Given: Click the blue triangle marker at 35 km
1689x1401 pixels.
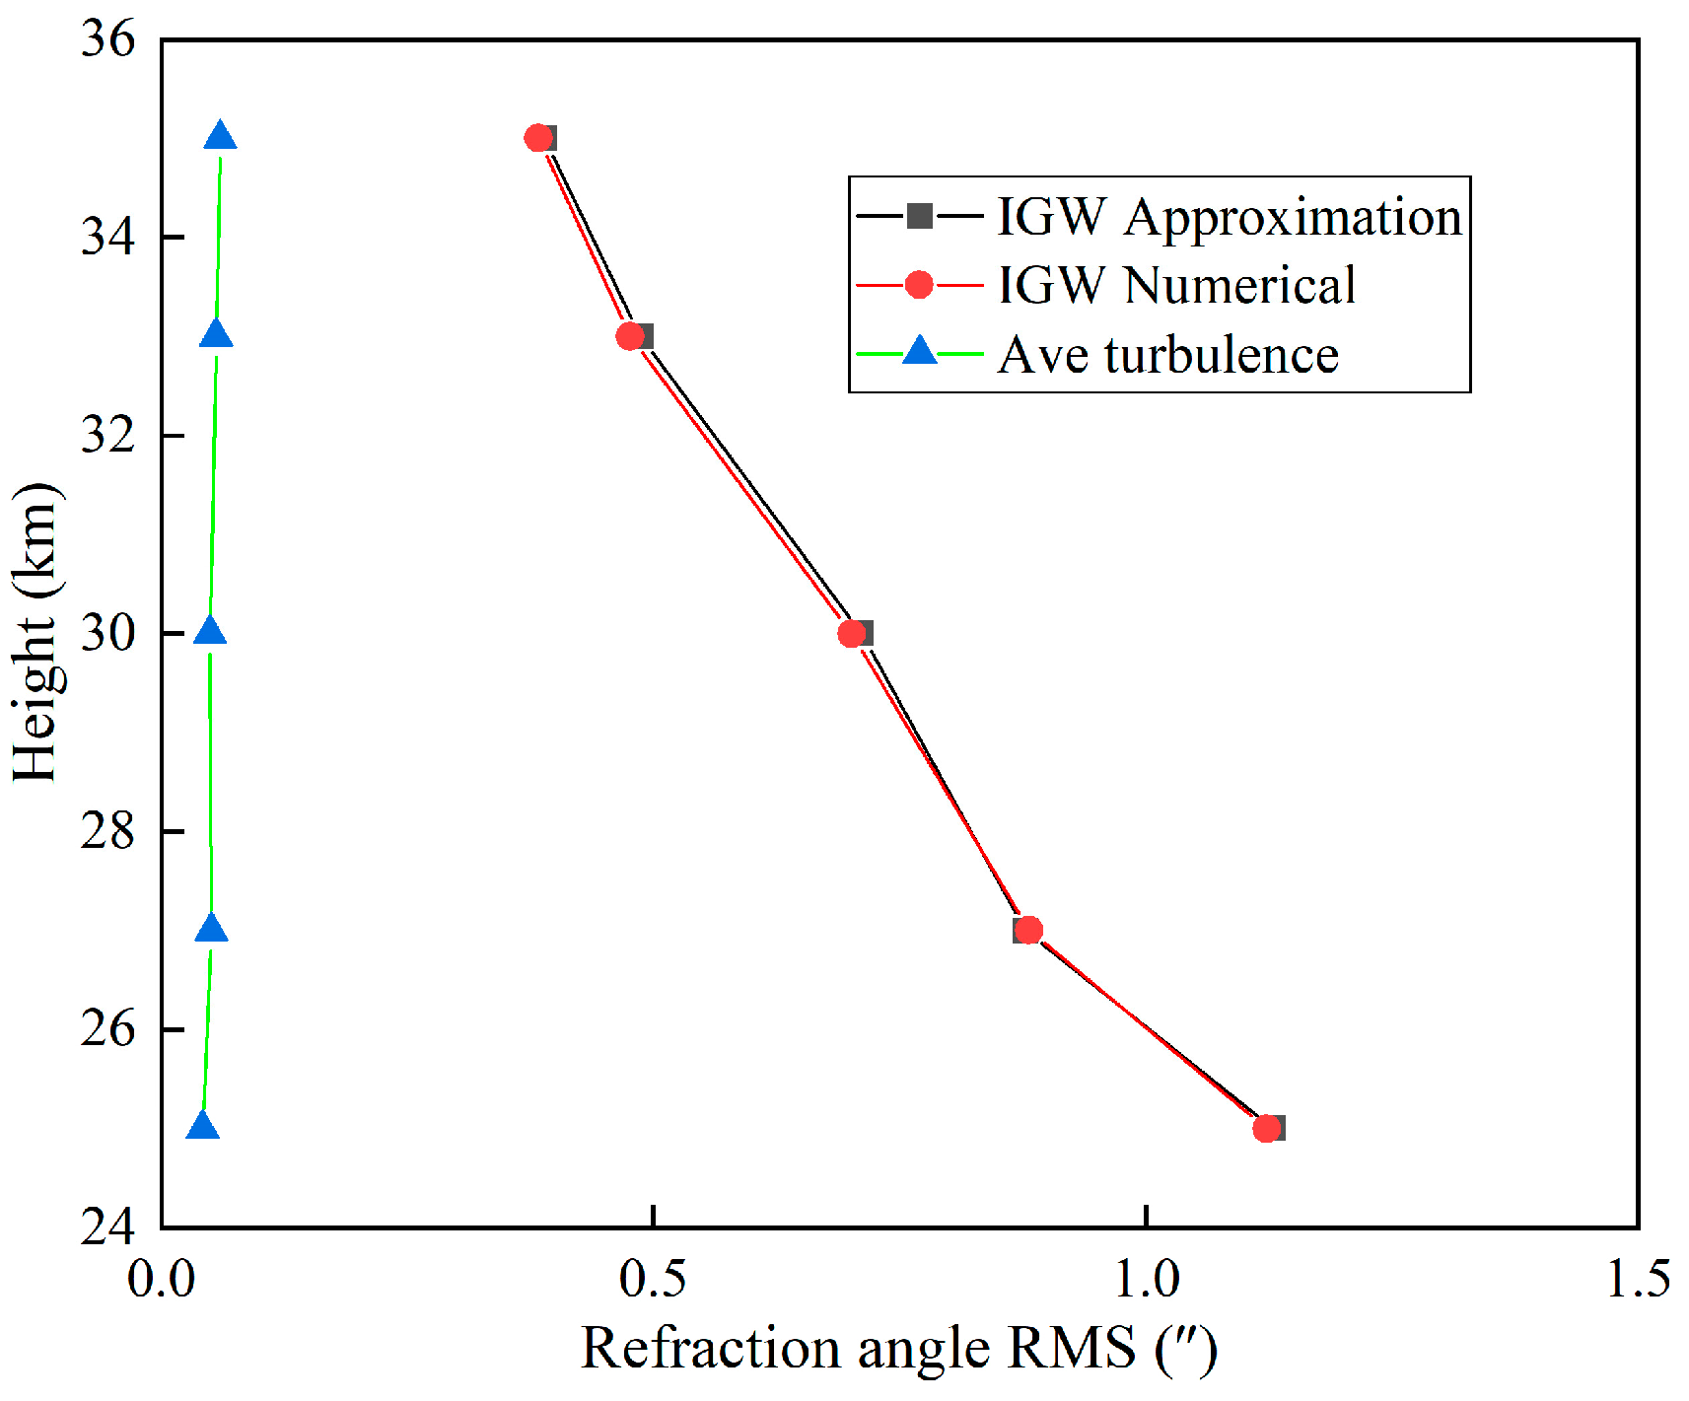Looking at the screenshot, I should [x=220, y=137].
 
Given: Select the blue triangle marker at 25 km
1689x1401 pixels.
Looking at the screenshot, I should [x=202, y=1126].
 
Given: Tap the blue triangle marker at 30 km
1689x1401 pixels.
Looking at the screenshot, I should [x=209, y=632].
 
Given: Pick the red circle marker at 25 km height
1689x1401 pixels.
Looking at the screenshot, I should [x=1267, y=1128].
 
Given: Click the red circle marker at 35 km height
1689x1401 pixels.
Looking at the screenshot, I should [x=538, y=138].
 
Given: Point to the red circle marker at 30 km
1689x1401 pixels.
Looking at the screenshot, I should [x=852, y=633].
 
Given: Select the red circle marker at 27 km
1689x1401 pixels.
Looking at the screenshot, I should [x=1028, y=930].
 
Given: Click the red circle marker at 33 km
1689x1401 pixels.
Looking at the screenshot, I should [x=631, y=336].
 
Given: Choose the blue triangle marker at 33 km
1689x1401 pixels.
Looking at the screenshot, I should [x=216, y=335].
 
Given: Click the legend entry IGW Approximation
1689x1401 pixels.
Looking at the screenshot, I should [x=1229, y=216].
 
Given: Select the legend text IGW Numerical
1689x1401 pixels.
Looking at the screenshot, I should [x=1176, y=285].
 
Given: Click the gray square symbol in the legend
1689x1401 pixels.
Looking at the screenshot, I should [x=919, y=216].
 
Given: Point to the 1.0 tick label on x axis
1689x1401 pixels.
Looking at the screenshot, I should [x=1147, y=1280].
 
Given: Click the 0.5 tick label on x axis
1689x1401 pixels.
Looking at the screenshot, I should [x=653, y=1280].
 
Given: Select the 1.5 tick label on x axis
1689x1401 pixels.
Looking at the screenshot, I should [x=1638, y=1280].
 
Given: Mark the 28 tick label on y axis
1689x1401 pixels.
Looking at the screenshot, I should [x=107, y=831].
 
